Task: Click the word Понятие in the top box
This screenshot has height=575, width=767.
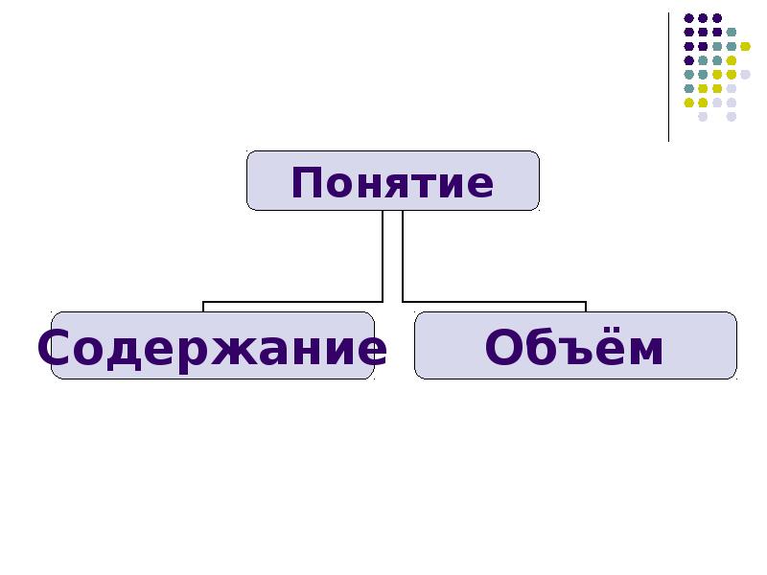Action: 392,183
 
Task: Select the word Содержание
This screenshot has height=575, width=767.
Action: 212,348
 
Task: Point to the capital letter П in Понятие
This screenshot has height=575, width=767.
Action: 306,183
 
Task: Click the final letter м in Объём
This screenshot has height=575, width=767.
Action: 645,352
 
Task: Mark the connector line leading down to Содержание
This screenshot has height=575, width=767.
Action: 292,302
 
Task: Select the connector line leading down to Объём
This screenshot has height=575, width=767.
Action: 494,302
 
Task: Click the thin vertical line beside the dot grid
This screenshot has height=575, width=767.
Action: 668,78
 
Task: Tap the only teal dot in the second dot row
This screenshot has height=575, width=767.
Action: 732,33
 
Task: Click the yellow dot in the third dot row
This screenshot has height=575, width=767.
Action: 745,46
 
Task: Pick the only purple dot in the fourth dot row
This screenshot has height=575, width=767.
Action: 688,60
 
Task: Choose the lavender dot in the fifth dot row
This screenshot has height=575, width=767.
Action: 745,75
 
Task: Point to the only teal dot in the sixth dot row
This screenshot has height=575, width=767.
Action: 688,88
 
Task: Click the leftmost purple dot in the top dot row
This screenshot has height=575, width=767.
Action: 688,18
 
